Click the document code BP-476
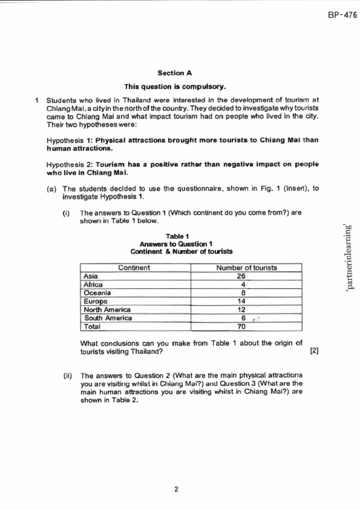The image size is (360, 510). coord(342,15)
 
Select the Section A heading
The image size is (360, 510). coord(175,73)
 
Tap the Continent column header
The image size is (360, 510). coord(134,268)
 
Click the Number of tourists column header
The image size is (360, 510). coord(246,268)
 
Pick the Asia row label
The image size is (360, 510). coord(91,276)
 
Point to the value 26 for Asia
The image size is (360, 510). coord(241,276)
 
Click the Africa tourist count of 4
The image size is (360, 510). coord(243,285)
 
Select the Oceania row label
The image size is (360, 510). coord(97,293)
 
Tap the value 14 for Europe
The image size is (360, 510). coord(241,301)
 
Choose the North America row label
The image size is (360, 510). coord(107,310)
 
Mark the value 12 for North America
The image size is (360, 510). coord(241,310)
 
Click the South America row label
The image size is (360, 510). coord(108,318)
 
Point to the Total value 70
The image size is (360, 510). coord(241,327)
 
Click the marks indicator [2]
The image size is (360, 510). coord(314,351)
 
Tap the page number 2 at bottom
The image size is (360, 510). coord(176,489)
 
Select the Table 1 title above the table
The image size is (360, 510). coord(177,236)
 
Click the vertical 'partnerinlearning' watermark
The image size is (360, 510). coord(350,257)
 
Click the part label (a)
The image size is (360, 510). coord(51,189)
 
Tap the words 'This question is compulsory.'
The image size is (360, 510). coord(175,87)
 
